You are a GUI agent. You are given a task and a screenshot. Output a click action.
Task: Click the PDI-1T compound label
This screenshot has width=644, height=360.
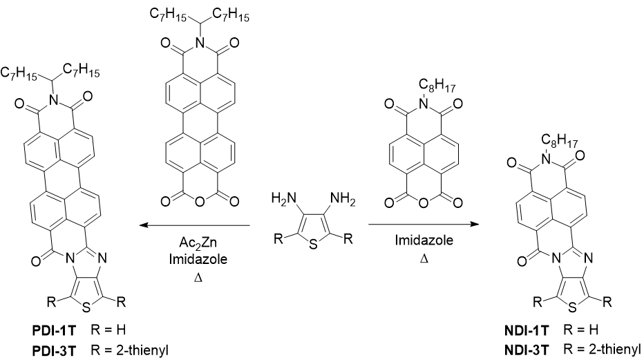coord(54,330)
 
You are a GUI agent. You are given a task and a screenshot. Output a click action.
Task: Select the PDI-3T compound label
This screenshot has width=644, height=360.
coord(54,350)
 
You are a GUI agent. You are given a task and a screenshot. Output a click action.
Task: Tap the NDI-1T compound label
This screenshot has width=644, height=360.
coord(527,330)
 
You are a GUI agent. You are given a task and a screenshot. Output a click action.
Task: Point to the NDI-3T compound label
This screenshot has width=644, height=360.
coord(527,350)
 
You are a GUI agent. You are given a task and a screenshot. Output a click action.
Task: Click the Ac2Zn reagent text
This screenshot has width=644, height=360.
coord(198,243)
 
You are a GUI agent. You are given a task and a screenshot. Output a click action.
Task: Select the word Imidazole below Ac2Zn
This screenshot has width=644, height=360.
coord(198,259)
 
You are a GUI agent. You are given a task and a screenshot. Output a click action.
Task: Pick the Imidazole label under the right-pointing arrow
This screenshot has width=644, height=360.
coord(424,240)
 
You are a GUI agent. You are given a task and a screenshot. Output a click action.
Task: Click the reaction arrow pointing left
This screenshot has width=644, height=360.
coord(194,225)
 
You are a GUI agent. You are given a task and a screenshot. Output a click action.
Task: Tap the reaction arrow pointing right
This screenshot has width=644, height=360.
coord(424,224)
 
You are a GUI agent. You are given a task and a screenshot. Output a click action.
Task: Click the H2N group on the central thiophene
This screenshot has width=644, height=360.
coord(284,199)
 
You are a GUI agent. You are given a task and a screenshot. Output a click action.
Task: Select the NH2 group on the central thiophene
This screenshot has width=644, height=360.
coord(343,200)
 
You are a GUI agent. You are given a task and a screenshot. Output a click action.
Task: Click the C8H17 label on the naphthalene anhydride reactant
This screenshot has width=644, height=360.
coord(437,86)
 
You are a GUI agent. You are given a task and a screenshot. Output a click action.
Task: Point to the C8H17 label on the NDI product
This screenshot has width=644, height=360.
coord(560,141)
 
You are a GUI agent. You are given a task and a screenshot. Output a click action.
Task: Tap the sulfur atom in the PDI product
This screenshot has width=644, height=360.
coord(86,308)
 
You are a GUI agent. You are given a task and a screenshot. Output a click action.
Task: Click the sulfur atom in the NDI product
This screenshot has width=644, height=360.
coord(572,307)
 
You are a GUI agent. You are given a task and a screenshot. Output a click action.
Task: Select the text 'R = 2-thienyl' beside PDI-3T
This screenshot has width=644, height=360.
coord(130,350)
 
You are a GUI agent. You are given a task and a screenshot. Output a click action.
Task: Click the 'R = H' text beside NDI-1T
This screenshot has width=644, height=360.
coord(580,330)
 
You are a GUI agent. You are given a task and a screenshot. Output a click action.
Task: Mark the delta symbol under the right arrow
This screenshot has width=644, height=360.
coord(424,259)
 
